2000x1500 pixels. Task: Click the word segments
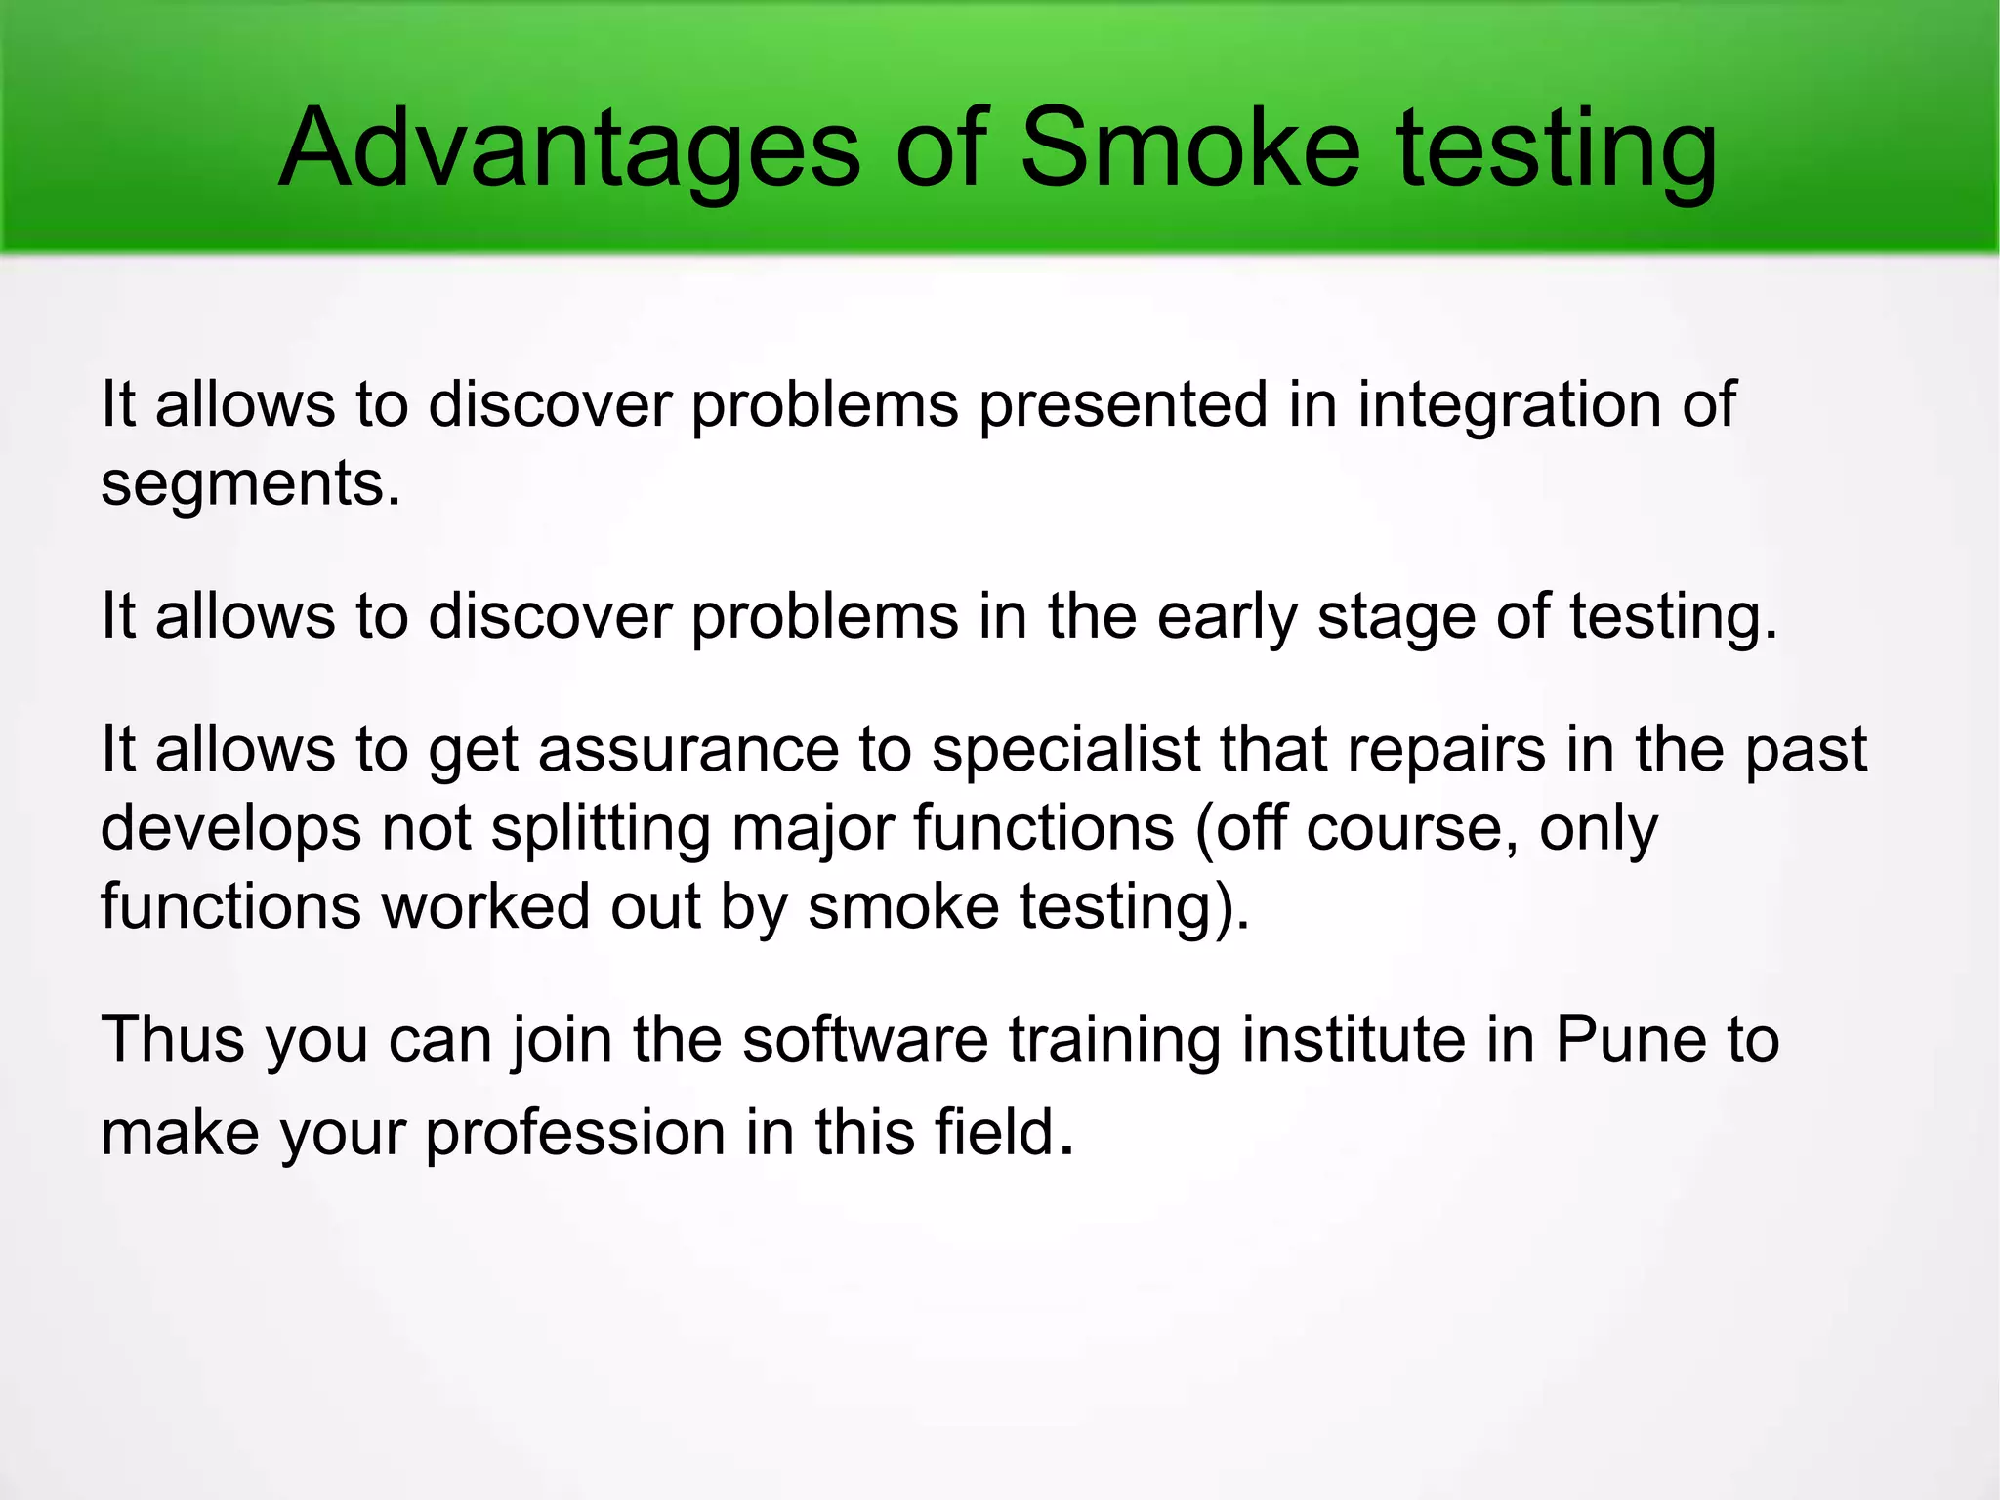tap(250, 484)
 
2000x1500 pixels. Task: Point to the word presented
tap(1122, 404)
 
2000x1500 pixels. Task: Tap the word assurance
tap(687, 750)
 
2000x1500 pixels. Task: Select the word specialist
tap(1065, 750)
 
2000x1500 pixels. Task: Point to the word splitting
tap(600, 829)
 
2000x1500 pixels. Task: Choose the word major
tap(812, 829)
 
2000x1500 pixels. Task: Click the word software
tap(864, 1039)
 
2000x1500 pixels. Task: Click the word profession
tap(575, 1133)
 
